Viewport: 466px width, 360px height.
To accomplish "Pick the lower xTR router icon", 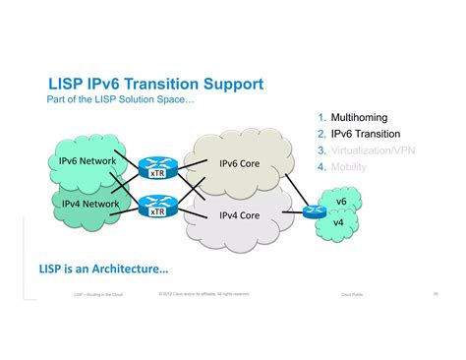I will pyautogui.click(x=154, y=208).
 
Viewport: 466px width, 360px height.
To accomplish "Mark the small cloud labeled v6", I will pyautogui.click(x=341, y=202).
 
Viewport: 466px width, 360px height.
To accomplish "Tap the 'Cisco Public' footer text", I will pyautogui.click(x=351, y=294).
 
